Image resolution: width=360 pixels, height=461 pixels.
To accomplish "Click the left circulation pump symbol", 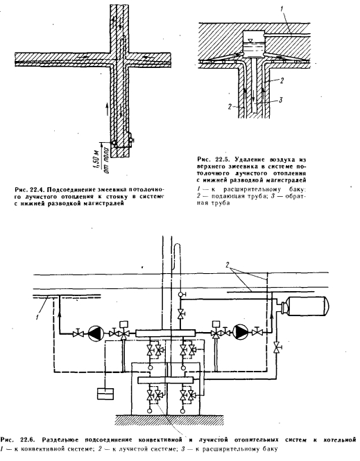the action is (x=96, y=333).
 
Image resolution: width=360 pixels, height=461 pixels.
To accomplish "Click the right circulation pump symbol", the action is (x=240, y=333).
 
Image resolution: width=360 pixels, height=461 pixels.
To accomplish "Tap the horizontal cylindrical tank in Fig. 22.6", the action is (x=305, y=306).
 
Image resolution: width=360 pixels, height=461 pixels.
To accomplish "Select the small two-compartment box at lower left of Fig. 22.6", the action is (x=105, y=394).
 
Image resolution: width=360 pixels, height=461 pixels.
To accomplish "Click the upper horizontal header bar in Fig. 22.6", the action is (x=166, y=333).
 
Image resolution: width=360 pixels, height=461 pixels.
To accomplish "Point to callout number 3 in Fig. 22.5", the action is (x=280, y=100).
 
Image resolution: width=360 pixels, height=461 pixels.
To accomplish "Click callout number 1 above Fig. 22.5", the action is (x=282, y=9).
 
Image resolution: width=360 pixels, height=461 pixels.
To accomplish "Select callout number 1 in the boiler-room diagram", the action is (x=37, y=317).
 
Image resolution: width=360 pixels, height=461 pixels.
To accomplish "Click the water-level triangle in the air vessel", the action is (x=250, y=40).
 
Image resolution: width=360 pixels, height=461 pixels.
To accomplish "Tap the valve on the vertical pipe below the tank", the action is (x=277, y=347).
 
